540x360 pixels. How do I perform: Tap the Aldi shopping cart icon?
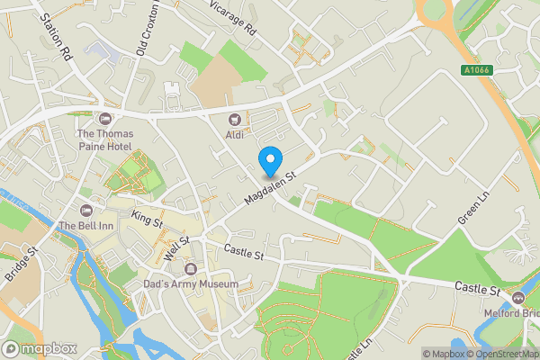(236, 119)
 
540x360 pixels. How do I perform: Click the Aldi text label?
(236, 134)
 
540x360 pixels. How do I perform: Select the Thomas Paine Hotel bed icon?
(104, 119)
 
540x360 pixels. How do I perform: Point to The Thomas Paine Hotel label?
(104, 139)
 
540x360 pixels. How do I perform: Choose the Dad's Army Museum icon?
(191, 269)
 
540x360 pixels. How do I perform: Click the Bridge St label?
(17, 265)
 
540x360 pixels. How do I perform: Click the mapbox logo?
(38, 348)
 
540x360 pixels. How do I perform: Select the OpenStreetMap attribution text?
(504, 354)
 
